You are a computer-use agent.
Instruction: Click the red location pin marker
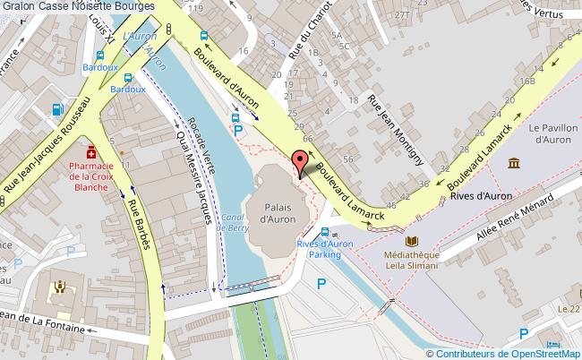point(299,163)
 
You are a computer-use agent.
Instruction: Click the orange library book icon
point(412,241)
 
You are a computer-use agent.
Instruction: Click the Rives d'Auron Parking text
point(320,249)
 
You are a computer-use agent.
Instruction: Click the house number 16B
point(528,81)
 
